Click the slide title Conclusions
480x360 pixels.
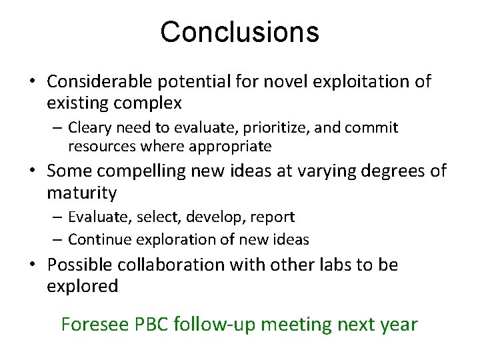(x=239, y=32)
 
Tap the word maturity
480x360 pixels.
(x=82, y=193)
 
